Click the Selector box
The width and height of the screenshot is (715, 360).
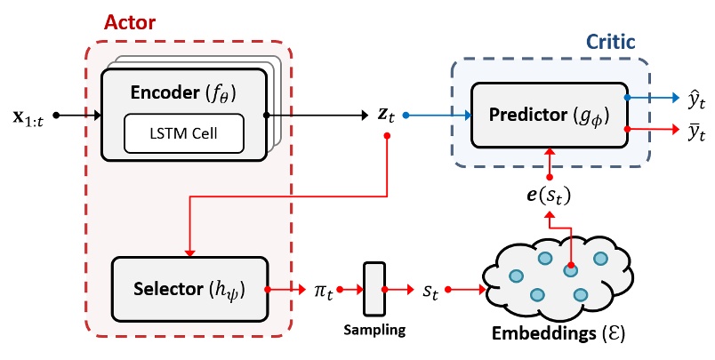pos(189,290)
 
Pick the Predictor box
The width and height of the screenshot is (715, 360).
pos(549,116)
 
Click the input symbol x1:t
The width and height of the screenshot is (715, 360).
pos(33,116)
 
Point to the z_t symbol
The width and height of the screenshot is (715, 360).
pos(385,114)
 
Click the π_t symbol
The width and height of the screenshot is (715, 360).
pos(322,290)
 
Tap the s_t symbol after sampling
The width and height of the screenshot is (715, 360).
pos(430,290)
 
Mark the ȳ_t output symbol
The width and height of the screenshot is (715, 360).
pos(690,134)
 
